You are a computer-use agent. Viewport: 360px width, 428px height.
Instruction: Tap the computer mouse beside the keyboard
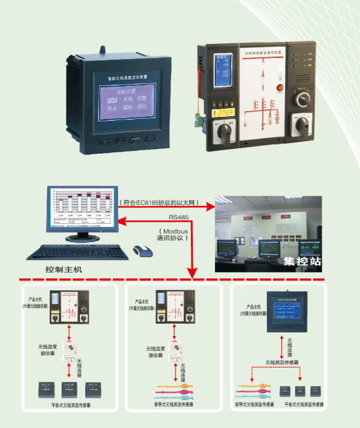140,250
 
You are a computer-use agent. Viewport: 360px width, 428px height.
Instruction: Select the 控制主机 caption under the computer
68,270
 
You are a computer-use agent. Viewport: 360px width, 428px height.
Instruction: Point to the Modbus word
173,230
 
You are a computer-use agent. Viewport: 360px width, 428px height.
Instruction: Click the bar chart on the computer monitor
80,207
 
